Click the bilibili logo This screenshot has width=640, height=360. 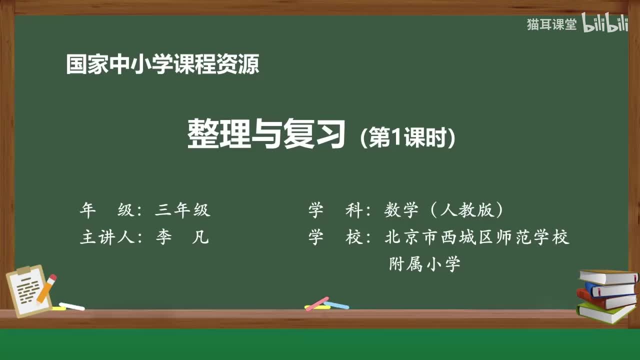coord(604,24)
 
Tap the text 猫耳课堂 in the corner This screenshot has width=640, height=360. coord(551,24)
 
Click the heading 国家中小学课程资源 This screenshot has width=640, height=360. coord(162,64)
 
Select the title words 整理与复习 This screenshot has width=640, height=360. coord(266,134)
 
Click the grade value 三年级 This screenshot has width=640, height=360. coord(182,210)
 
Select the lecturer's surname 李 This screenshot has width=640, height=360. coord(163,237)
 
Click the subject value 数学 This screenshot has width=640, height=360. coord(401,210)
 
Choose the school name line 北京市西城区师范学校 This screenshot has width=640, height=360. coord(477,237)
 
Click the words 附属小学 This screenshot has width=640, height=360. coord(424,263)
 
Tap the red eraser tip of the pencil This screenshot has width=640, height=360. coord(53,277)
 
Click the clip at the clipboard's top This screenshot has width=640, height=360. coord(23,270)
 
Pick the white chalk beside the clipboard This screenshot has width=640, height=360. coord(72,306)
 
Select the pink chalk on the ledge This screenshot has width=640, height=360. coord(317,303)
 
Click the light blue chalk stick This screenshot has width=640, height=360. coord(336,305)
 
